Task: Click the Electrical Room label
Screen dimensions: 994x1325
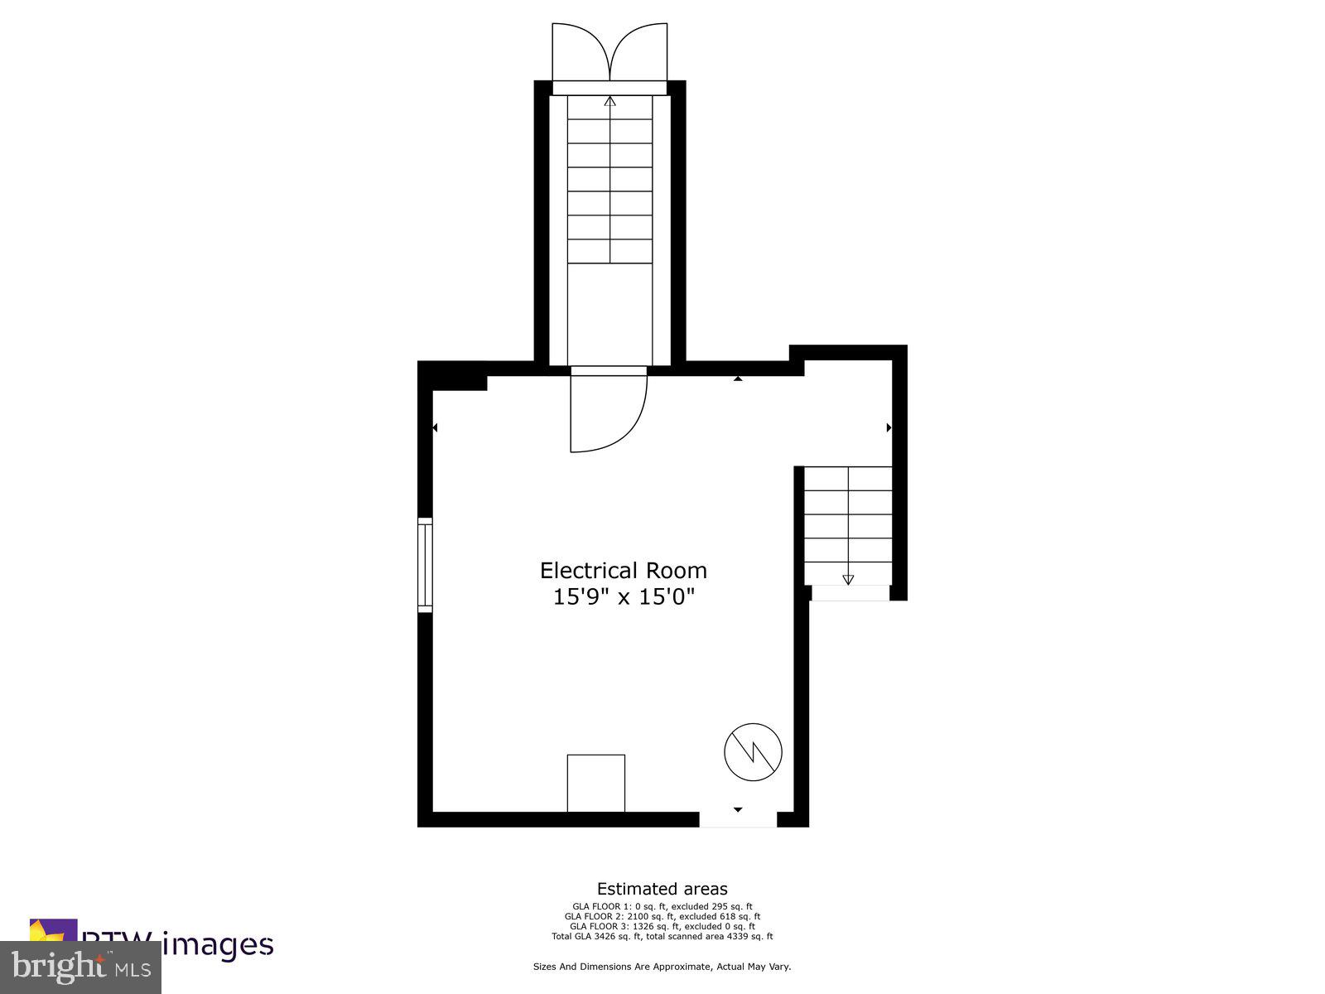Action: (624, 571)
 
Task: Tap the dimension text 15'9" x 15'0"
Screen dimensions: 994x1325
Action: (624, 596)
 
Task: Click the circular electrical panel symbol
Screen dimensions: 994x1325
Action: (753, 752)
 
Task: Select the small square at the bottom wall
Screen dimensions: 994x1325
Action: (595, 783)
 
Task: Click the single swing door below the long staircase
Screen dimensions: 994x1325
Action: (607, 411)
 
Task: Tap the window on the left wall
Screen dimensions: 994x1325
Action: (425, 565)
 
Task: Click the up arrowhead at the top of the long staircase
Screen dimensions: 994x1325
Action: (610, 102)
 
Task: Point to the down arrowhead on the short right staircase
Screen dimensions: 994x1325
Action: (847, 580)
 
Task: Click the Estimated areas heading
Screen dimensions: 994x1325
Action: (662, 890)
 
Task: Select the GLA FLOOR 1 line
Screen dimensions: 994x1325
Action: (662, 906)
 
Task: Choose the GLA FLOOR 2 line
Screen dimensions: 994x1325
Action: (662, 916)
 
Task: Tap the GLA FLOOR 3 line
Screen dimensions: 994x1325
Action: (662, 926)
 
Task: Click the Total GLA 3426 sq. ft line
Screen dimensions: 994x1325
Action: (662, 936)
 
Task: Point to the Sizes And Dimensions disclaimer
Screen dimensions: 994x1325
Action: (662, 967)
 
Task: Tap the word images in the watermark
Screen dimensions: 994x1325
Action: (217, 945)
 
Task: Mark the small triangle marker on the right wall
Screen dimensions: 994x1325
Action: (889, 427)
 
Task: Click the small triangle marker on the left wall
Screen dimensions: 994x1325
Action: (435, 427)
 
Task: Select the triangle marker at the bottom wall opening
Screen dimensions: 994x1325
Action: (738, 809)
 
